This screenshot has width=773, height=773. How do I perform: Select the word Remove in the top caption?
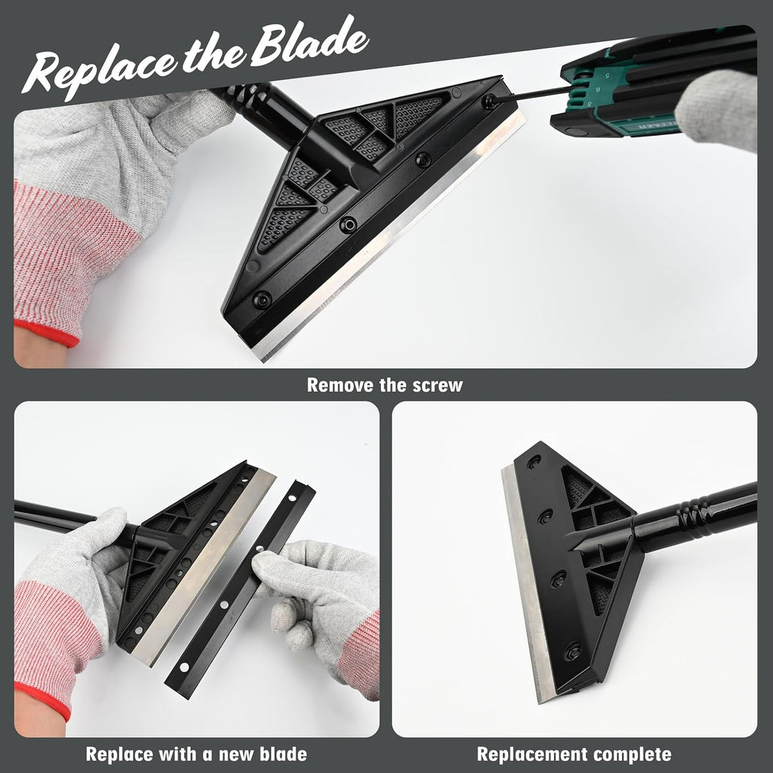click(340, 385)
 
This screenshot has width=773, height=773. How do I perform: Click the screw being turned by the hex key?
click(490, 102)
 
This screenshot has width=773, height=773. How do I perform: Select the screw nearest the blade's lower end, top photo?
click(262, 299)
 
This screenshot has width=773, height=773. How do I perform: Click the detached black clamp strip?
click(240, 590)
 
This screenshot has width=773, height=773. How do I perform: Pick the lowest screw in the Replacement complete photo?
click(573, 652)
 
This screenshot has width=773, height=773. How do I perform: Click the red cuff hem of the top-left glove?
click(46, 332)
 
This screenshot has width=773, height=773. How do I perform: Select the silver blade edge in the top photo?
click(389, 237)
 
